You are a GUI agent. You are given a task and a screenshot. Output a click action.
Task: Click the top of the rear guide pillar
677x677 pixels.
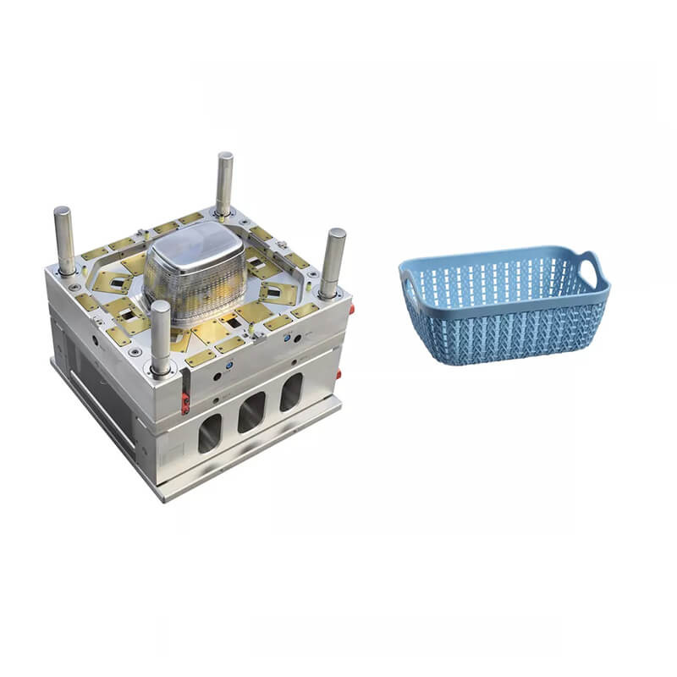pos(224,157)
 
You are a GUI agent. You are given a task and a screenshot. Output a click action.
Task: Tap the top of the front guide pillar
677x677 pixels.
pos(160,306)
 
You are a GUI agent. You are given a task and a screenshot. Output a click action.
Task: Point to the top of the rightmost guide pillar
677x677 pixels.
pos(336,233)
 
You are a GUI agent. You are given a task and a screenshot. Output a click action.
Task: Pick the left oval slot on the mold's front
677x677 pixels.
pos(210,432)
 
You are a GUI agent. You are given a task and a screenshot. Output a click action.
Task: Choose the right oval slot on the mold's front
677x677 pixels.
pos(291,393)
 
